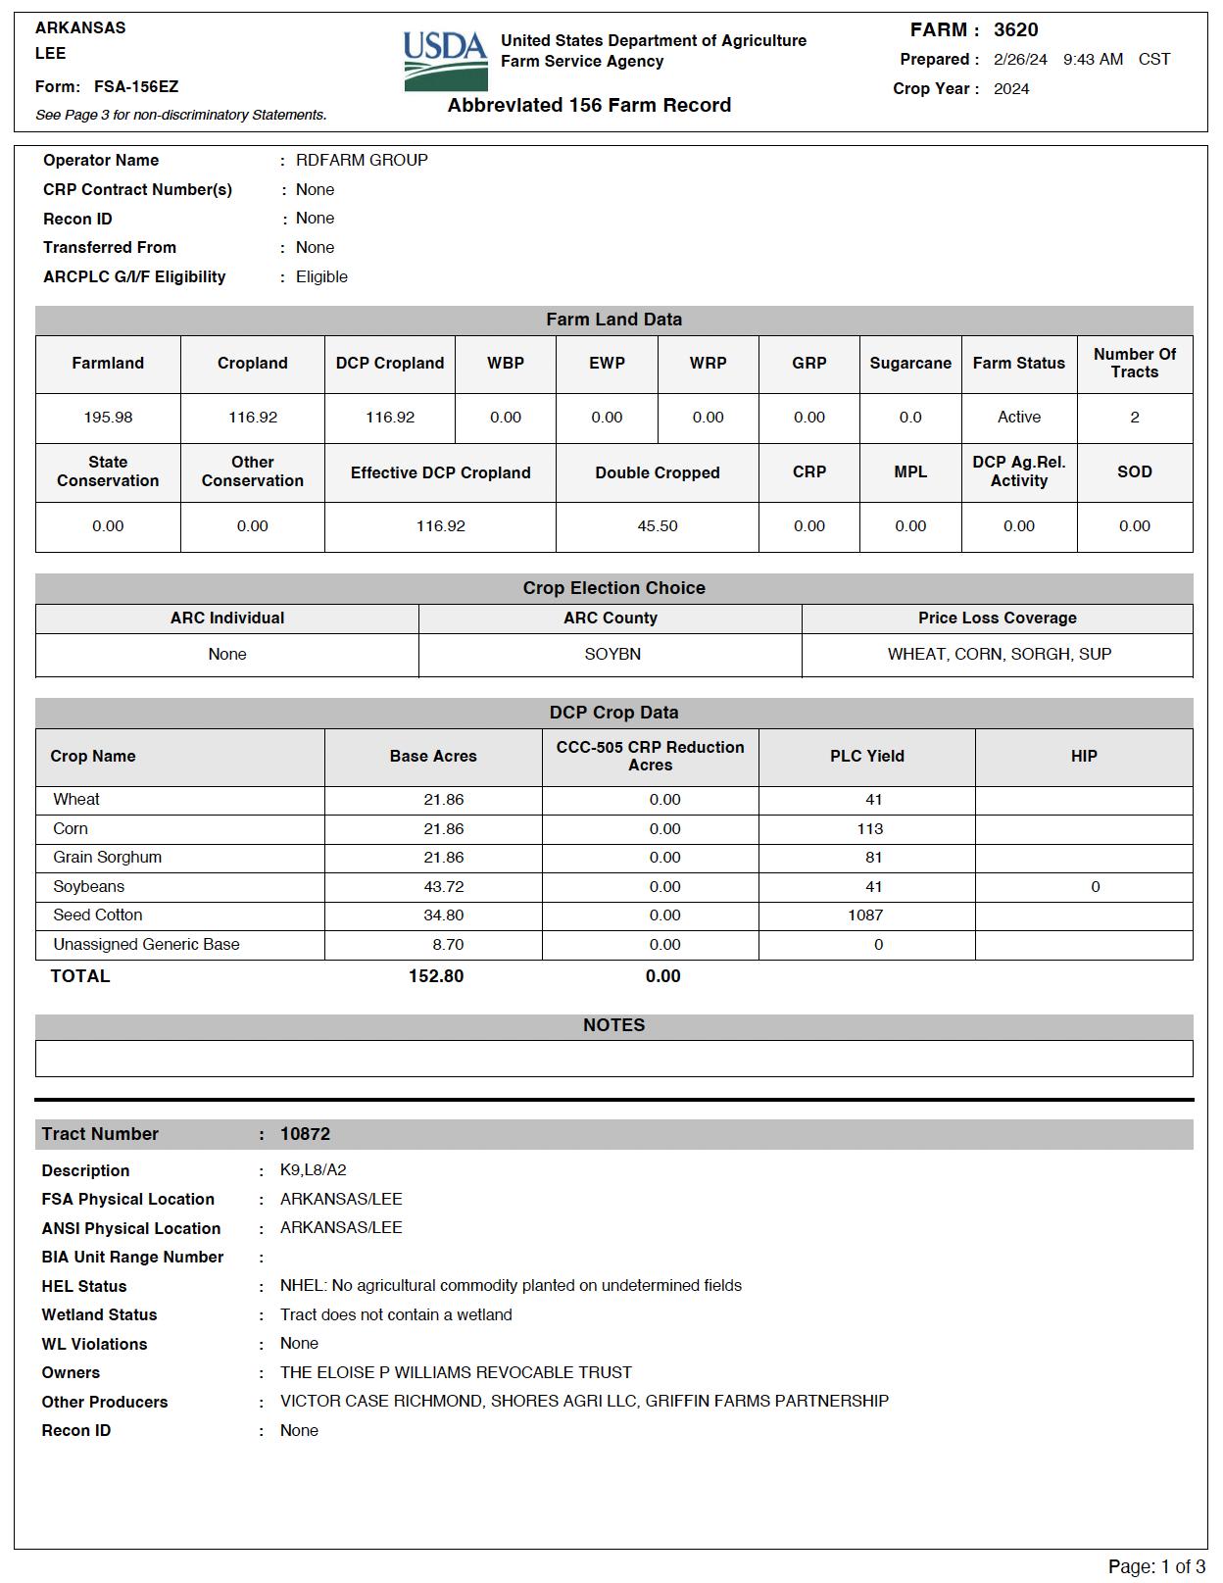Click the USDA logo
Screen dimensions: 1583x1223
(x=445, y=61)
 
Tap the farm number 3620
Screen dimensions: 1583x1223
(x=1015, y=30)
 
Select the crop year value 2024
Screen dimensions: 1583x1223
(x=1011, y=89)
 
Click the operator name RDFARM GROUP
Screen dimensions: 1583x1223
(x=362, y=160)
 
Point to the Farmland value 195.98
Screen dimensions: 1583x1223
(x=108, y=418)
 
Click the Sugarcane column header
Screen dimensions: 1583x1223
(x=910, y=364)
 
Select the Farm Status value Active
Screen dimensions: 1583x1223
(x=1019, y=418)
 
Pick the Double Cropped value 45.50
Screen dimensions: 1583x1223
(x=658, y=526)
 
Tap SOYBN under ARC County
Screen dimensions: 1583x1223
(x=612, y=654)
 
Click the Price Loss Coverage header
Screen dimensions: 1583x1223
(x=997, y=618)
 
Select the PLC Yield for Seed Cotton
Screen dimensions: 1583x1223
(x=865, y=915)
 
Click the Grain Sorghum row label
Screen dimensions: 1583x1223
(x=108, y=858)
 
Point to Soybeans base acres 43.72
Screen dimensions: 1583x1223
(x=443, y=887)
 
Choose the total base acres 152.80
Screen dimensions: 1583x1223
(x=436, y=976)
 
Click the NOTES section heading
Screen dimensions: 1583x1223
(x=613, y=1025)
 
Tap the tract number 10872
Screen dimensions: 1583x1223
(x=305, y=1134)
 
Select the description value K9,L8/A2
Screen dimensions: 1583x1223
(x=313, y=1170)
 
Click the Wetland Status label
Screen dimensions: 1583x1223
(x=99, y=1315)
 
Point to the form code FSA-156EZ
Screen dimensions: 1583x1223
(x=136, y=87)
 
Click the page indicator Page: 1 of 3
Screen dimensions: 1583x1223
(x=1156, y=1566)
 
